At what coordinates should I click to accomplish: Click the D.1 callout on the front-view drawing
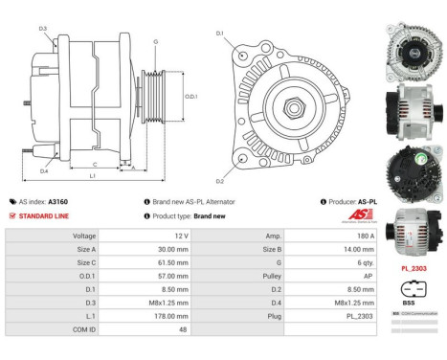coord(219,34)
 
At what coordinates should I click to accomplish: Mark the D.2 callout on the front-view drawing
coord(219,181)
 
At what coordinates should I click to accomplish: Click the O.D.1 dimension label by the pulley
coord(191,97)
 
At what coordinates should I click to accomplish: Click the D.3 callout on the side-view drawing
coord(43,29)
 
